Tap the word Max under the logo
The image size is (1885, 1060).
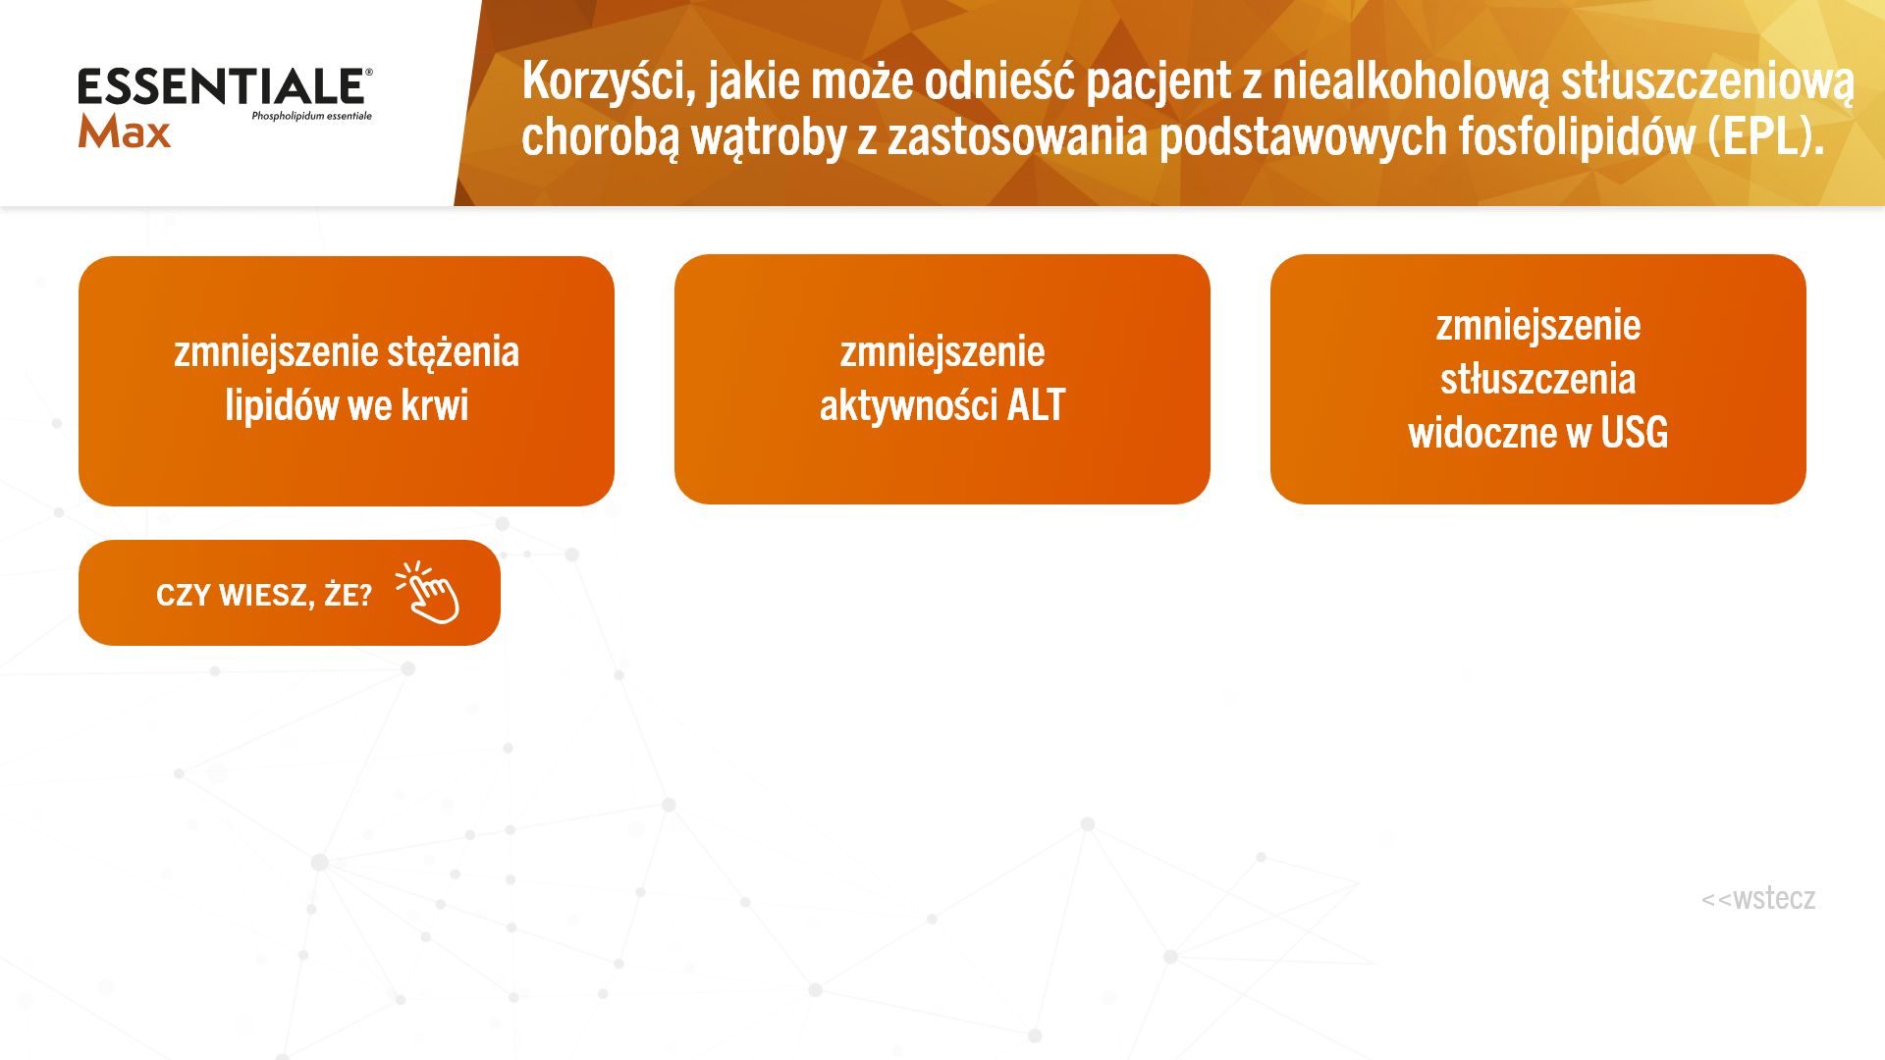pyautogui.click(x=125, y=132)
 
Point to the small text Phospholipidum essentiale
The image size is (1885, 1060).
pyautogui.click(x=311, y=116)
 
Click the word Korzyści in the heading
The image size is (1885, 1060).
pyautogui.click(x=609, y=80)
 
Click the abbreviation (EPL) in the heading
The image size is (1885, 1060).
pyautogui.click(x=1766, y=136)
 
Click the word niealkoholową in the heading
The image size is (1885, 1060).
pyautogui.click(x=1410, y=81)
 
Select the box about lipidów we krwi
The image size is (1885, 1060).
pyautogui.click(x=347, y=381)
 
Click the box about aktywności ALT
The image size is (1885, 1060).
pyautogui.click(x=942, y=379)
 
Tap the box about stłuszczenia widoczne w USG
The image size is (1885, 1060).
pyautogui.click(x=1538, y=379)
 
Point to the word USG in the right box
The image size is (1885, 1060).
pyautogui.click(x=1634, y=433)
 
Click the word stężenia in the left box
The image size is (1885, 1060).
pyautogui.click(x=453, y=352)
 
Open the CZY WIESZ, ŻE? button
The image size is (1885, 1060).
pyautogui.click(x=290, y=593)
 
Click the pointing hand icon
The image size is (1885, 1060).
pyautogui.click(x=429, y=592)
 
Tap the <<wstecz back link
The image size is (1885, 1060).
pyautogui.click(x=1758, y=898)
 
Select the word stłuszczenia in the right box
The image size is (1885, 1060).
pyautogui.click(x=1538, y=379)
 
